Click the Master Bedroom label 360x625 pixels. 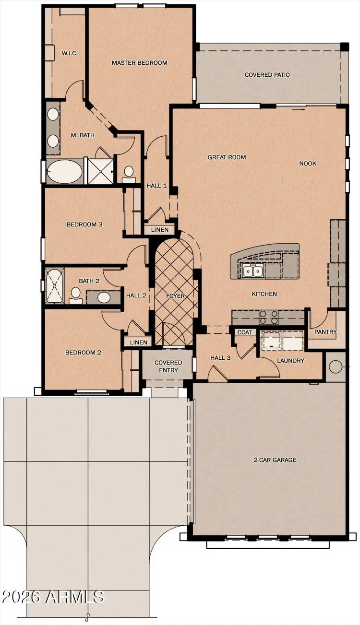[139, 63]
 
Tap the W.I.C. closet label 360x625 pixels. [69, 53]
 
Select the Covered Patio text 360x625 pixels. [267, 75]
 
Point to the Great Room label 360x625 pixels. [227, 157]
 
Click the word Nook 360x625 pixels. [308, 164]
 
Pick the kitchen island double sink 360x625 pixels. [252, 271]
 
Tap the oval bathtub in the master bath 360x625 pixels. [65, 171]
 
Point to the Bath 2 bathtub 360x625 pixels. [54, 286]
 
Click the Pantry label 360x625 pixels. [325, 332]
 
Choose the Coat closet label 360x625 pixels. [244, 332]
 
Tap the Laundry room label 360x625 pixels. [290, 361]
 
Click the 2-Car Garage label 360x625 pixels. [275, 460]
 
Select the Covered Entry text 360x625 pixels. [168, 366]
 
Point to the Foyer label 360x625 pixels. [175, 296]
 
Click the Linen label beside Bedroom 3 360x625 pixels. [159, 230]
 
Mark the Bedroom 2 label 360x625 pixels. [83, 353]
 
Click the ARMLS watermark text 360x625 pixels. [53, 597]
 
